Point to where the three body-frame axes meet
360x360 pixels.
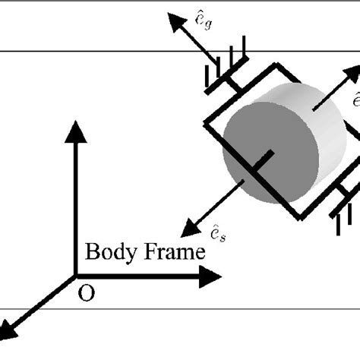point(74,276)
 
